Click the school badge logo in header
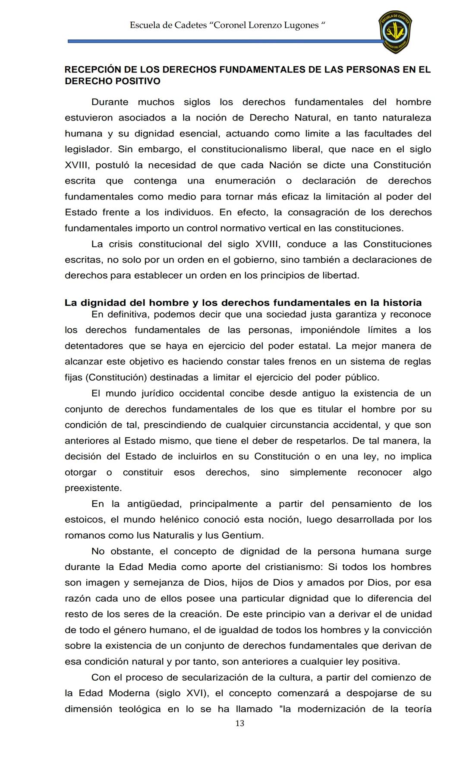click(395, 32)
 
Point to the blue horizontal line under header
click(224, 41)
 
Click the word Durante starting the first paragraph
click(110, 102)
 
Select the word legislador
click(88, 149)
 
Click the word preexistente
click(93, 488)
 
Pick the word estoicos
click(84, 520)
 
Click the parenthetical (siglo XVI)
click(182, 693)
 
